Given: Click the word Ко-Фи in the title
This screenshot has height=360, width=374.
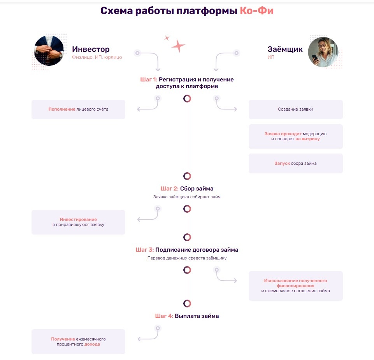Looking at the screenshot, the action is click(256, 11).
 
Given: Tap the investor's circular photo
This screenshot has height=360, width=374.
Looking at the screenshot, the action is click(49, 51).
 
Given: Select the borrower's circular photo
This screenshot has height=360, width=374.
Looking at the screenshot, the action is click(323, 52).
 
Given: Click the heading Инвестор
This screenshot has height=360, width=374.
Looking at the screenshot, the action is click(91, 49).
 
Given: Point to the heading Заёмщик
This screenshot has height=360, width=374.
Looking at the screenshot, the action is click(285, 49).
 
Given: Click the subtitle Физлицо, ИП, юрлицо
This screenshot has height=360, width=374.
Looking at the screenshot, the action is click(97, 57).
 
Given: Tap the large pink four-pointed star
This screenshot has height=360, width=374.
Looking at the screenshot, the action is click(178, 45).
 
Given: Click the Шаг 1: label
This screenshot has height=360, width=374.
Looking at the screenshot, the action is click(149, 79).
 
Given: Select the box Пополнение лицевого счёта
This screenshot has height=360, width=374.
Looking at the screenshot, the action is click(78, 109).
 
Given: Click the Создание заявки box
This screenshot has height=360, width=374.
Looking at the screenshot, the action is click(295, 109).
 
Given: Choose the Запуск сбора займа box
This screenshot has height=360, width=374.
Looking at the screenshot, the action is click(295, 163).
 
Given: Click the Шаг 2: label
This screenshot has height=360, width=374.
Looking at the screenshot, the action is click(169, 189).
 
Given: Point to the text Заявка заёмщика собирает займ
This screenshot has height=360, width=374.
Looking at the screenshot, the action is click(187, 197).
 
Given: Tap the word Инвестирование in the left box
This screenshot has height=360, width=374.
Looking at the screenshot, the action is click(78, 219).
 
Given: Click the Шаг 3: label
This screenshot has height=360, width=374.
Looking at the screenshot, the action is click(145, 250).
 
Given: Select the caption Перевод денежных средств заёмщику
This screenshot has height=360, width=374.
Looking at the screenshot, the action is click(187, 258).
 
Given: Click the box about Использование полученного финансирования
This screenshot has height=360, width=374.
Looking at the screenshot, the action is click(295, 286).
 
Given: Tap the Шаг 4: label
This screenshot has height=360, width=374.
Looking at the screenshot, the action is click(164, 316).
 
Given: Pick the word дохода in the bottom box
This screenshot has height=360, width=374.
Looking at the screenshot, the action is click(92, 344).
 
